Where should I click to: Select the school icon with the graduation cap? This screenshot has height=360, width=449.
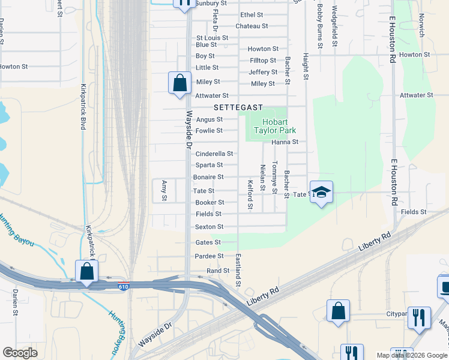coord(321,193)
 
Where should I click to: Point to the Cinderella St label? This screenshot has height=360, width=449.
coord(210,154)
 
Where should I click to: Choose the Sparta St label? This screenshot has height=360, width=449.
coord(209,165)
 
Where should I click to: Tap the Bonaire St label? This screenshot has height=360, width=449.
coord(208,177)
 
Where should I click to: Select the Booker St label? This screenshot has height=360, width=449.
coord(209,203)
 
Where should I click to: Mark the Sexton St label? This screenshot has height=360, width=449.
coord(209,227)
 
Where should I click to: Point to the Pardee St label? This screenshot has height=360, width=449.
coord(209,256)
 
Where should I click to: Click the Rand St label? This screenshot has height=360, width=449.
coord(218,271)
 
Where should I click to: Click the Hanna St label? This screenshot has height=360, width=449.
coord(285,142)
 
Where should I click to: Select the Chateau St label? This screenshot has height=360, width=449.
coord(252,26)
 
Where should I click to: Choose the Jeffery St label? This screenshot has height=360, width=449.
coord(263,72)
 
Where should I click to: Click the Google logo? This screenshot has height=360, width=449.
coord(20,353)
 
